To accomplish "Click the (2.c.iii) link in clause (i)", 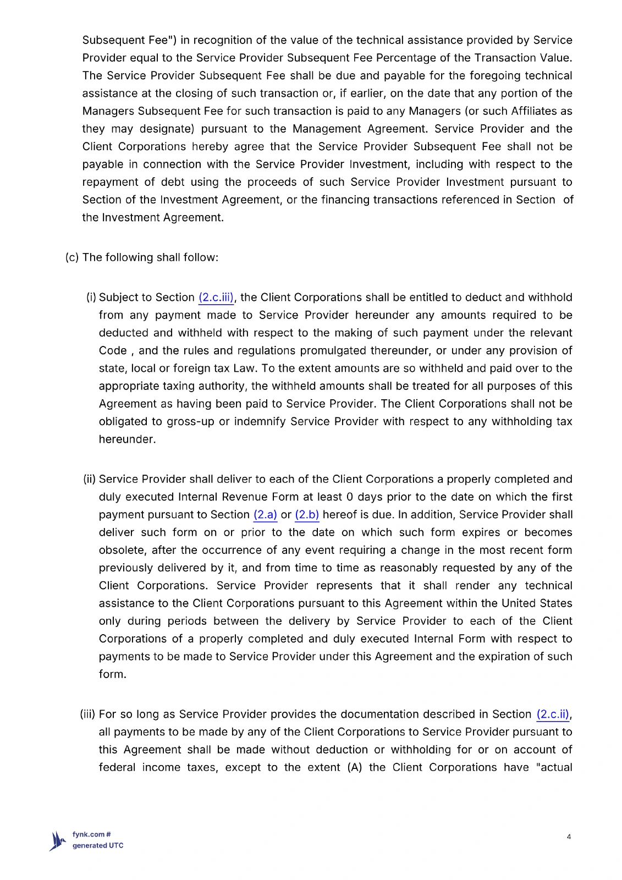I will coord(216,298).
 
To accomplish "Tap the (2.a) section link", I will coord(265,515).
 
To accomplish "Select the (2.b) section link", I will coord(307,515).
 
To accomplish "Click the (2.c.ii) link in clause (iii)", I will coord(553,714).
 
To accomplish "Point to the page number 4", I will coord(569,837).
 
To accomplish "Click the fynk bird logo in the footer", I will coord(57,841).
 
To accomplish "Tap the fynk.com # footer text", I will coord(92,834).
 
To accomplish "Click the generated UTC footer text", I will coord(98,846).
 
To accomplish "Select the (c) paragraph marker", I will coord(72,257).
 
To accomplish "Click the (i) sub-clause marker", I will coord(91,298).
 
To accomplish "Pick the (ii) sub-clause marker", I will coord(90,480).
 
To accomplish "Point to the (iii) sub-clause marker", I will coord(88,714).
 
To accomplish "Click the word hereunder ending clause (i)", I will coord(126,439).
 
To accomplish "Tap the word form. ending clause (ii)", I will coord(112,674).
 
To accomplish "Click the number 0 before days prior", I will coord(350,497).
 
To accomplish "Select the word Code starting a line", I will coord(113,351).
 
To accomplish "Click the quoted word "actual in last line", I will coord(554,768).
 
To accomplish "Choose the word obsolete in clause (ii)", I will coord(123,551).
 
